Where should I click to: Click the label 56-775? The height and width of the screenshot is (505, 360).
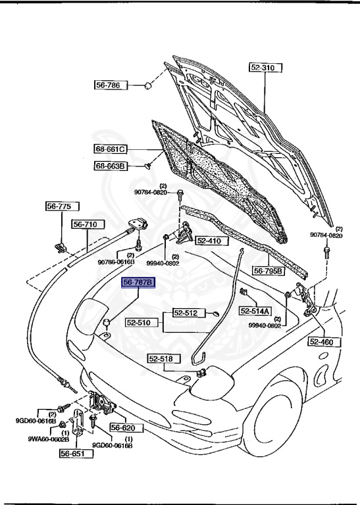point(58,206)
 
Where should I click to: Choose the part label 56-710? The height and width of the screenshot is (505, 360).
point(85,224)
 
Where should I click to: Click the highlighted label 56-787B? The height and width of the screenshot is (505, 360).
point(137,282)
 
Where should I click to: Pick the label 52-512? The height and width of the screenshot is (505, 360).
point(186,313)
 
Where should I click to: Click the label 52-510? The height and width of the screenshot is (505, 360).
point(140,324)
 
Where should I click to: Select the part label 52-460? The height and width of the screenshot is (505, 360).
point(322,342)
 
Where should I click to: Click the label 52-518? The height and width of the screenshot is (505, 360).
point(161,359)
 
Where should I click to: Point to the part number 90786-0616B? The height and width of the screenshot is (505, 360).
point(116,262)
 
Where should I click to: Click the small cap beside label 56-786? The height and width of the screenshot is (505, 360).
point(149,85)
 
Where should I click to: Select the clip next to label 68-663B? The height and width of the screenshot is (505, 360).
point(147,166)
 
